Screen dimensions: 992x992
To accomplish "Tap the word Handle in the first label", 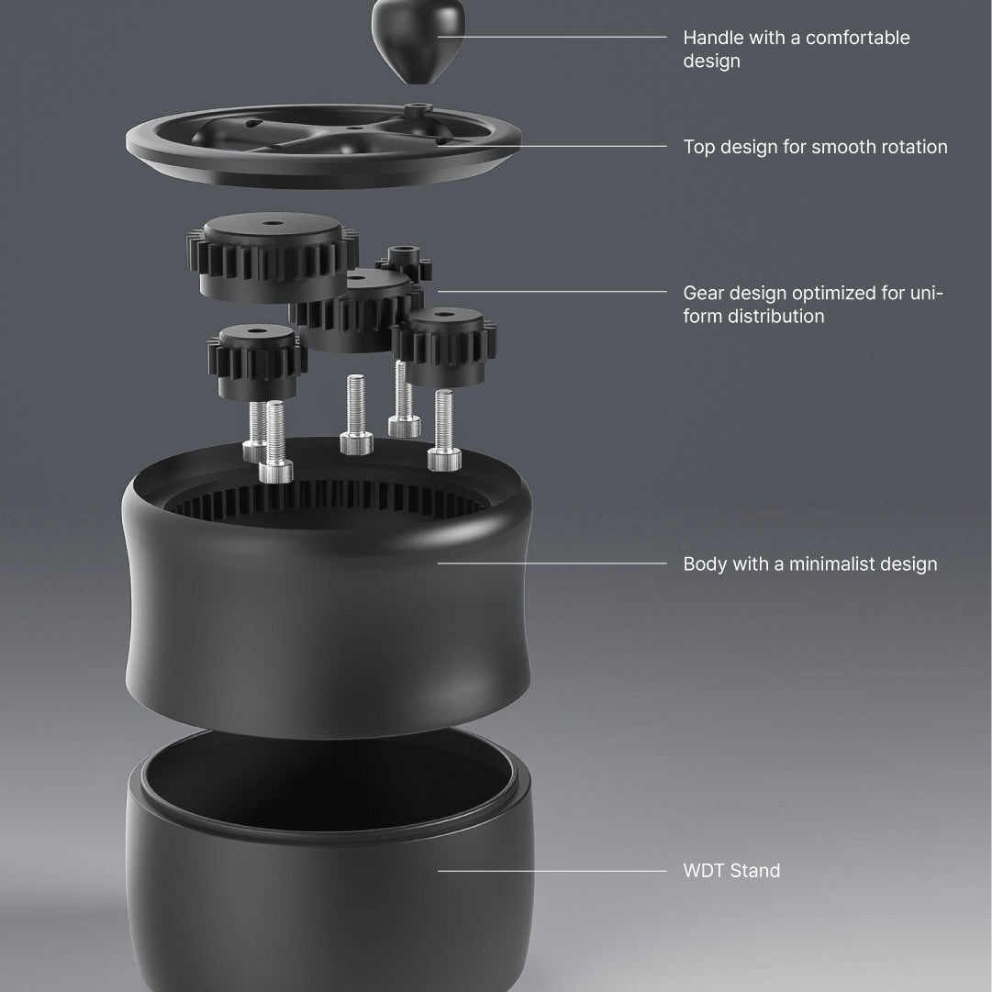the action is point(713,38).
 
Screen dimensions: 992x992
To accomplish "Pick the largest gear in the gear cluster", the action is point(272,256).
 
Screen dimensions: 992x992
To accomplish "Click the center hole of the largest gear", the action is point(273,223).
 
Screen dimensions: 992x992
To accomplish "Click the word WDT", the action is point(703,871).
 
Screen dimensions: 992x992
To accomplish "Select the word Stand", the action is point(754,871).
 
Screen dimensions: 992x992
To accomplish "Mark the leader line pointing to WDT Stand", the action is point(552,871).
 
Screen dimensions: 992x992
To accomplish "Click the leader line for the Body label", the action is point(552,563).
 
